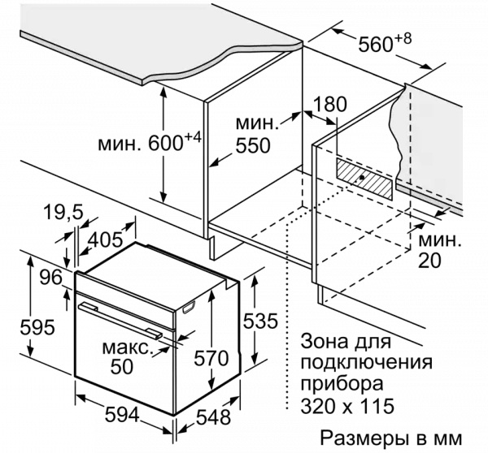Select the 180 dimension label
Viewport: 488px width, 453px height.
(330, 104)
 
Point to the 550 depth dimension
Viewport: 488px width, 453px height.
(253, 145)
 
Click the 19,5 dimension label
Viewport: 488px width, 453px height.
(63, 213)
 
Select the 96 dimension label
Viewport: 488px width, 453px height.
(51, 277)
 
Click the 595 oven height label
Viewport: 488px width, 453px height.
(37, 327)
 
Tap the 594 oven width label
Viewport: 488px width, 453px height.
(122, 415)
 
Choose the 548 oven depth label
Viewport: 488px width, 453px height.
(213, 417)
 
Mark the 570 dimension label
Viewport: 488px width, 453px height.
(211, 358)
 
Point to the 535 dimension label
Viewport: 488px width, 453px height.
(260, 321)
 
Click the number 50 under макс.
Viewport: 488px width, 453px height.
(122, 367)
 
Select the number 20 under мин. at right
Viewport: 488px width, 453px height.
(429, 260)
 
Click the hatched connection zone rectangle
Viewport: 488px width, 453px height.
(364, 179)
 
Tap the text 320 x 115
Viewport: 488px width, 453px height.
(347, 405)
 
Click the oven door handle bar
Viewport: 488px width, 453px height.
(120, 321)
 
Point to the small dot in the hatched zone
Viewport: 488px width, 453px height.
(361, 178)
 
